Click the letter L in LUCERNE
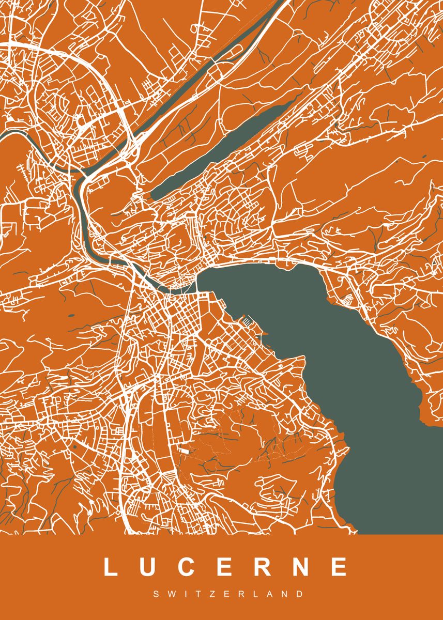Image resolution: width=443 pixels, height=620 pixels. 111,567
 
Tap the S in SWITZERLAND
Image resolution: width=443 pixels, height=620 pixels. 156,595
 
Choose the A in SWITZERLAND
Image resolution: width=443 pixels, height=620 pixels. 265,595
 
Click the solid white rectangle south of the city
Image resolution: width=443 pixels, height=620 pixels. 184,450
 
